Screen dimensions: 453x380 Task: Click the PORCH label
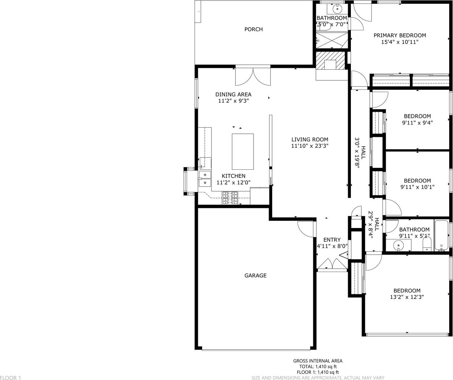[253, 29]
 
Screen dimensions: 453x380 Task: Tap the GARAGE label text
[255, 275]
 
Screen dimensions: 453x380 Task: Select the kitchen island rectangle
[243, 152]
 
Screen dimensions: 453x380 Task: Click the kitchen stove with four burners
[230, 198]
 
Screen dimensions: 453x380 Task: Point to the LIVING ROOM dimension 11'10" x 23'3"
[310, 146]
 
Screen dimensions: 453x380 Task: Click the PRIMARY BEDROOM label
[400, 36]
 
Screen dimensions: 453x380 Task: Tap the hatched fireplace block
[331, 61]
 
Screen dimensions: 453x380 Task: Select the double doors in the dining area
[253, 77]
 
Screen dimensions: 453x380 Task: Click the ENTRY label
[332, 240]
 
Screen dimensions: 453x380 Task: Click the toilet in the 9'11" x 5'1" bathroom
[427, 245]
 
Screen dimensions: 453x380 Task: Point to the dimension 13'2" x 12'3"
[407, 297]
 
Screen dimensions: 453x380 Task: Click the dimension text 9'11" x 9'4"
[417, 123]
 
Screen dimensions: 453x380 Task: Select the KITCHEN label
[234, 176]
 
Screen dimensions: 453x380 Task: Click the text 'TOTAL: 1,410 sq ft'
[318, 366]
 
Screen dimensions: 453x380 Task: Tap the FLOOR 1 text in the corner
[11, 377]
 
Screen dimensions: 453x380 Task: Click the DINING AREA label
[234, 94]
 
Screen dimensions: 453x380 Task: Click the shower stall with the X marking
[332, 40]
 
